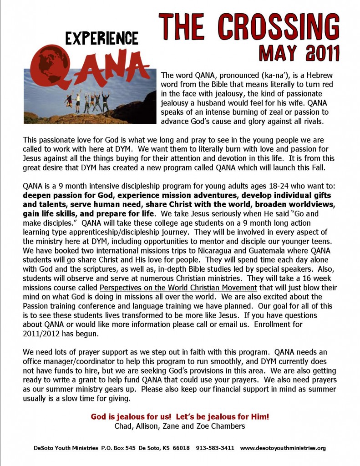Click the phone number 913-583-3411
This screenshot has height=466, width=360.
pos(215,448)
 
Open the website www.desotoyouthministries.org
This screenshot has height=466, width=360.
pos(283,448)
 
